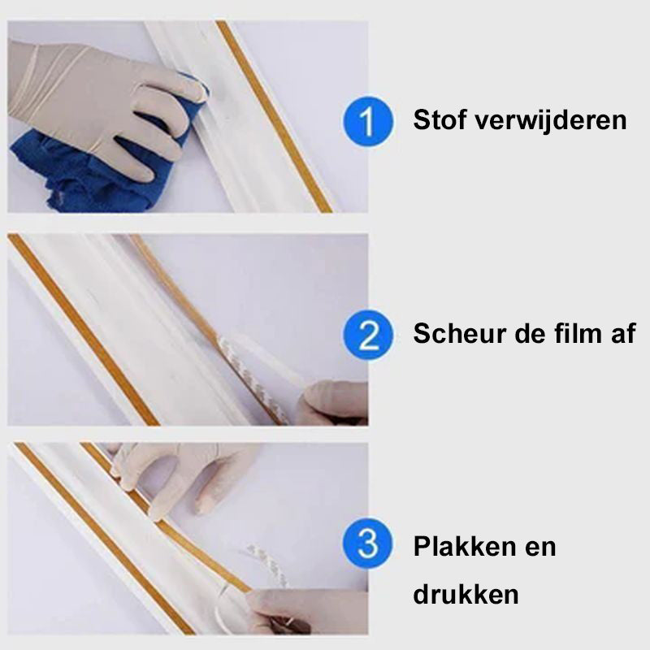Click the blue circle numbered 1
coord(367,121)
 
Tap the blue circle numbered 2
coord(367,335)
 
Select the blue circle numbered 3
coord(367,544)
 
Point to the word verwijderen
coord(550,120)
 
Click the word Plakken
coord(465,546)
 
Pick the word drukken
coord(466,594)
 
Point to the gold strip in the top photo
coord(274,116)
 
